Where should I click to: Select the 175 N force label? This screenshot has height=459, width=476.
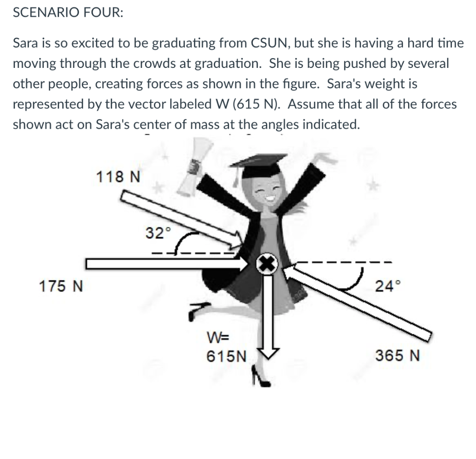pyautogui.click(x=60, y=286)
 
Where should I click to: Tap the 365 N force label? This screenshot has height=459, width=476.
pyautogui.click(x=397, y=356)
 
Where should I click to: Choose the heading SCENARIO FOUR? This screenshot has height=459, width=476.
pyautogui.click(x=68, y=13)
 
